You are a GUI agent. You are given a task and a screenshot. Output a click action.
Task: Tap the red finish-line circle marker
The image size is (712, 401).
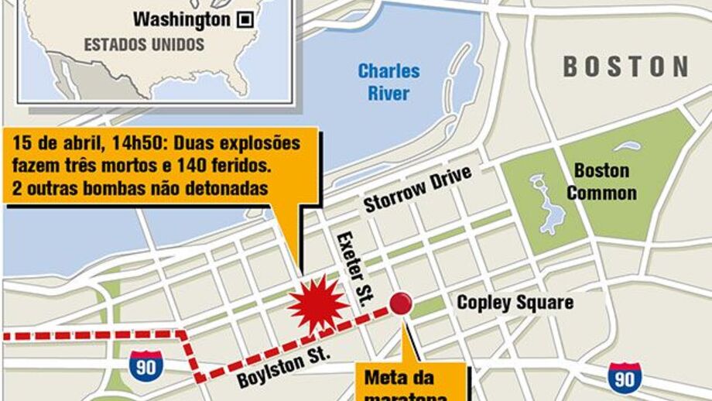tap(400, 303)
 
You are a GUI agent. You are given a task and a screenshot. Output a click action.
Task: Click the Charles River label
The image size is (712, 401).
tap(389, 82)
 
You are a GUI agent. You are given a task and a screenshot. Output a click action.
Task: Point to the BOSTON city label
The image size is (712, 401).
tap(625, 67)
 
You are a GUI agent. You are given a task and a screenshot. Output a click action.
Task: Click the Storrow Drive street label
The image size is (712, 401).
tap(418, 188)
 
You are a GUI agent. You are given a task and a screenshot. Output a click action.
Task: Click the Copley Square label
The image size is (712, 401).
tap(515, 302)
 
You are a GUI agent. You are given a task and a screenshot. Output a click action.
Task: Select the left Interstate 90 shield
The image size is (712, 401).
tap(145, 365)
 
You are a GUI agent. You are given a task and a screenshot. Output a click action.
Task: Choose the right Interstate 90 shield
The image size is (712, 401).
tap(624, 377)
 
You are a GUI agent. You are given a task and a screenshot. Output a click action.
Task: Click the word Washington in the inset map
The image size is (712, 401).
tap(181, 19)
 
